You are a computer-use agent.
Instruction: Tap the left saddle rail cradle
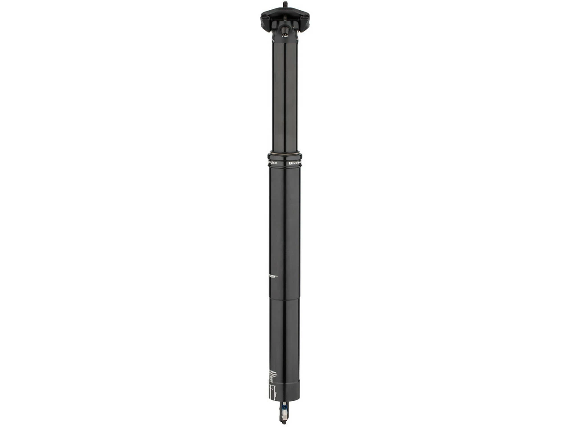coord(266,20)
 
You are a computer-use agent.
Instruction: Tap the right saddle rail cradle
coord(304,20)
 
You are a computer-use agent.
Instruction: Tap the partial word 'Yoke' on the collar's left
coord(273,163)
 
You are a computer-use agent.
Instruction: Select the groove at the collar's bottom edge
coord(285,167)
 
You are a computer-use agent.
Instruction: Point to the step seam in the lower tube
coord(285,298)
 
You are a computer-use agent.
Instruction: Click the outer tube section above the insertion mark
coord(285,222)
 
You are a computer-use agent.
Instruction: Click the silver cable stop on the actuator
coord(283,418)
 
